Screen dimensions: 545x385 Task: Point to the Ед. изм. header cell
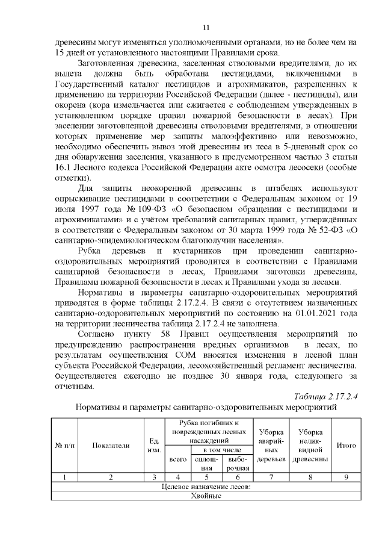point(154,446)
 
